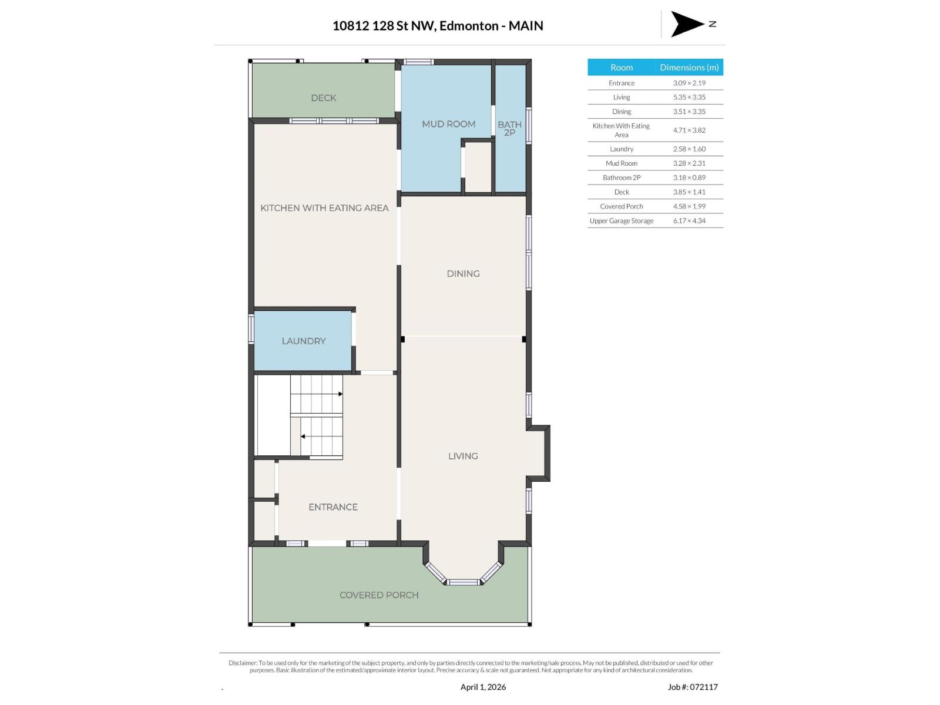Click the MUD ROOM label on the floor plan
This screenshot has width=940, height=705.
tap(448, 124)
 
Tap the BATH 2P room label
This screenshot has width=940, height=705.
tap(509, 128)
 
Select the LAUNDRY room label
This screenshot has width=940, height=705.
tap(303, 341)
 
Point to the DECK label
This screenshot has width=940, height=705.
tap(323, 98)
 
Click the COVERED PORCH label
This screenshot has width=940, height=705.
tap(379, 595)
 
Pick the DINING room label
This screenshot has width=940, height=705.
tap(463, 274)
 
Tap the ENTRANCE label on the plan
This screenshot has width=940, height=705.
tap(333, 507)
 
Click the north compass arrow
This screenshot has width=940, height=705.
tap(686, 24)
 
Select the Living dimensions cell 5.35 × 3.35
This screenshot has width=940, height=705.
tap(689, 98)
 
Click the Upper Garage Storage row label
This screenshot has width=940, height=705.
tap(621, 221)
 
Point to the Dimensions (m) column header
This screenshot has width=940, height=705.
tap(689, 68)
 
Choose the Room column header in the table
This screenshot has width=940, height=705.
tap(621, 68)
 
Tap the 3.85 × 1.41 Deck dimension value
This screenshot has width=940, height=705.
tap(689, 192)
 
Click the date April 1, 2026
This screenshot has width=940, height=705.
tap(483, 687)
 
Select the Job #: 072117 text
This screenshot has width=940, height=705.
tap(693, 687)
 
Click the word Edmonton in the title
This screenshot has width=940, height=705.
tap(468, 26)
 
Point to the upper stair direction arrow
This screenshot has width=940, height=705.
tap(340, 394)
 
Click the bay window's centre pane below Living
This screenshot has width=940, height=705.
tap(463, 582)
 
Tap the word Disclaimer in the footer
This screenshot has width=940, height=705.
tap(243, 663)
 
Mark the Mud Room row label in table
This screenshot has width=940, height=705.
tap(621, 163)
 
